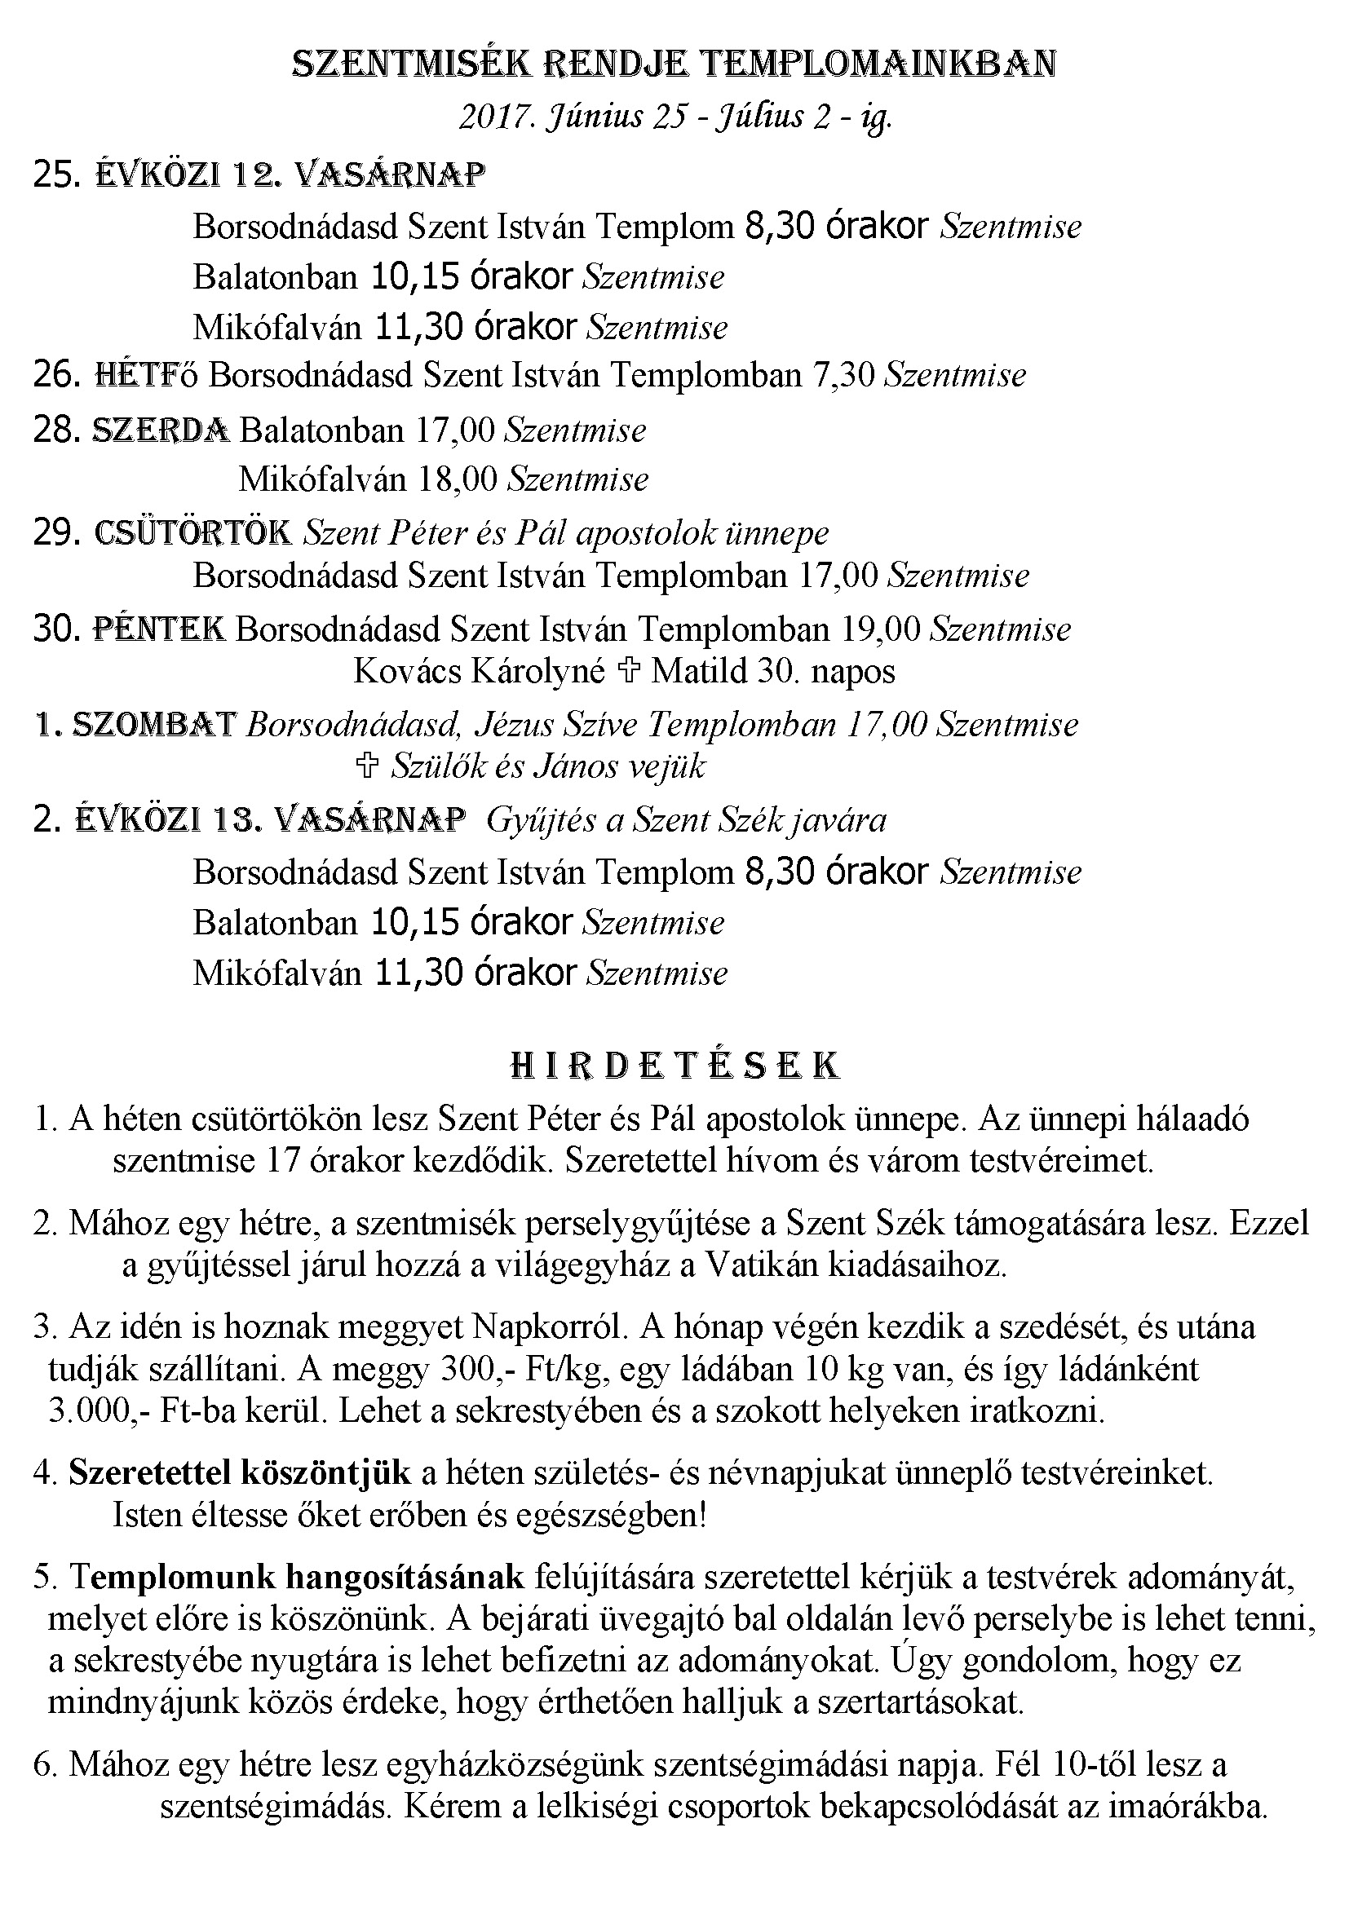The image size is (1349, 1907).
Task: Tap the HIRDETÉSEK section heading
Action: tap(674, 1066)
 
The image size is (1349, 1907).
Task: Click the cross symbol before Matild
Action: tap(628, 671)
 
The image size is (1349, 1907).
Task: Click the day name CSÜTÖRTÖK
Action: tap(193, 532)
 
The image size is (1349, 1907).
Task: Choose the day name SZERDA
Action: tap(161, 430)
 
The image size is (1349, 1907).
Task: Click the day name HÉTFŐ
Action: tap(147, 375)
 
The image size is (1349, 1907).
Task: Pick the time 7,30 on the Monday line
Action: tap(844, 375)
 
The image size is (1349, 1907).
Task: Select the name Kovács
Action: tap(408, 671)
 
